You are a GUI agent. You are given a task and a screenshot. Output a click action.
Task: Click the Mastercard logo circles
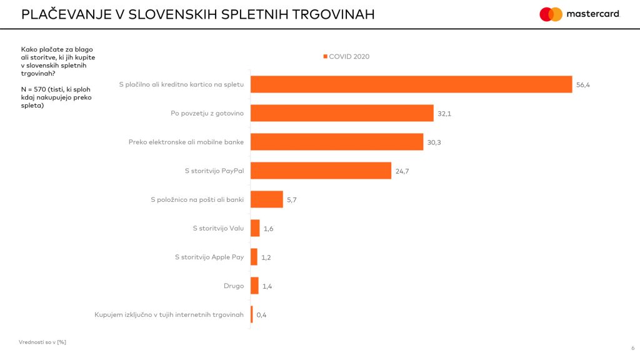coord(551,14)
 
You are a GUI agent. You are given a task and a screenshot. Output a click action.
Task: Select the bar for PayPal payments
coord(321,171)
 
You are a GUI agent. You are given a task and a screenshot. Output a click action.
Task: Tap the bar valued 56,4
coord(411,84)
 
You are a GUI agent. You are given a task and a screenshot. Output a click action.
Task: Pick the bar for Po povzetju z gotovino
coord(342,113)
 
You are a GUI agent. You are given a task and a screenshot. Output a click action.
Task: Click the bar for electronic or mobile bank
coord(337,142)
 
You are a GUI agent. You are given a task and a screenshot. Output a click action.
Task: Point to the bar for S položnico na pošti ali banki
coord(267,199)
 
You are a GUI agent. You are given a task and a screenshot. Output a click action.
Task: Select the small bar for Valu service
coord(255,228)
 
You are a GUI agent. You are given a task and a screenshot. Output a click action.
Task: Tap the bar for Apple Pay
coord(254,257)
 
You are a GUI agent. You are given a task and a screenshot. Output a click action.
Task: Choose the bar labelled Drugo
coord(254,286)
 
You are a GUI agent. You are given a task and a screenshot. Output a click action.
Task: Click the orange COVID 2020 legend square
coord(325,57)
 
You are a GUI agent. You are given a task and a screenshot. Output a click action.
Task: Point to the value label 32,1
coord(445,114)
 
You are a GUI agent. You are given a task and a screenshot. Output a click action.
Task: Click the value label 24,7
coord(401,171)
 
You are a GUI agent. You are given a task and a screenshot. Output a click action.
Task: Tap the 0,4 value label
coord(261,315)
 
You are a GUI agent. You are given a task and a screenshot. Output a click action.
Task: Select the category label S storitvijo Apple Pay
coord(209,257)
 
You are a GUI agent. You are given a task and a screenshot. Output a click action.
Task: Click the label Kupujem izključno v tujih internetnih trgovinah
coord(169,314)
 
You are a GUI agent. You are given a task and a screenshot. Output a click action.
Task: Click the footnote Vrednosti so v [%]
coord(42,342)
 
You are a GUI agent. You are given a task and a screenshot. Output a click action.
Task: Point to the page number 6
coord(632,348)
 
